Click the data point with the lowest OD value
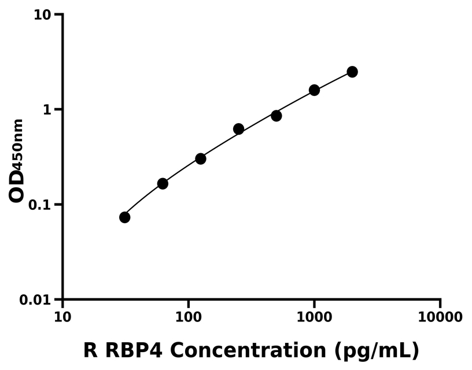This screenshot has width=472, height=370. (x=124, y=217)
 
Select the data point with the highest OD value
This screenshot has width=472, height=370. (x=352, y=72)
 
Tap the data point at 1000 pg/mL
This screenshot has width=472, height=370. (x=314, y=90)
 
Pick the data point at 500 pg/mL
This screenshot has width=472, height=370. (x=276, y=116)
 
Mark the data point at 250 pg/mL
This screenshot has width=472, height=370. (x=238, y=129)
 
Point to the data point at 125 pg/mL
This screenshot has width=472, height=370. (x=201, y=158)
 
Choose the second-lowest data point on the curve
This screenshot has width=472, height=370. (x=163, y=184)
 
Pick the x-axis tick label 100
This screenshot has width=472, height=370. (x=189, y=317)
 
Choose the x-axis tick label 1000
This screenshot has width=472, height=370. (x=314, y=317)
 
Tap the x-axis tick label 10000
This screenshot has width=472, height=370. (x=440, y=317)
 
